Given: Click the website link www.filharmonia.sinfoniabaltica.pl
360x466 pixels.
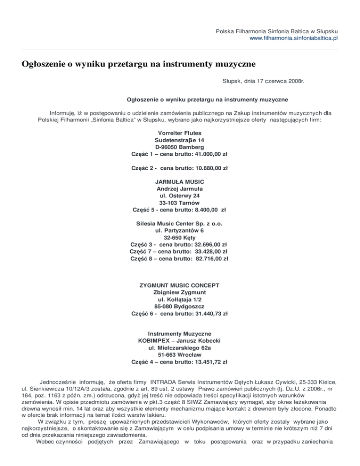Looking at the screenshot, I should (x=293, y=38).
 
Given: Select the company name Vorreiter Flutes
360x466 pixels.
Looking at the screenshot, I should (x=180, y=133).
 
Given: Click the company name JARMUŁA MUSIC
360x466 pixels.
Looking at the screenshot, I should (x=180, y=181).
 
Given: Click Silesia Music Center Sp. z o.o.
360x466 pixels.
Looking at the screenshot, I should (x=180, y=223).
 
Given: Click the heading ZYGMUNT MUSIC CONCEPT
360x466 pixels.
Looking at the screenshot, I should (x=180, y=286).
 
